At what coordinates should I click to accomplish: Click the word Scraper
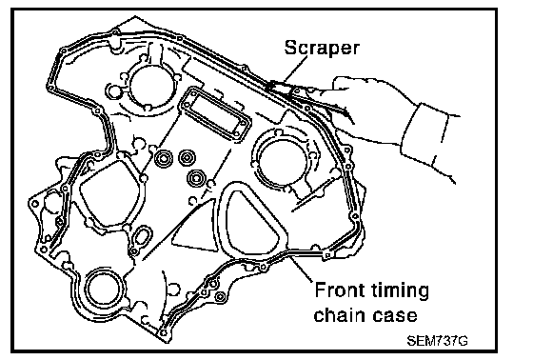[x=322, y=48]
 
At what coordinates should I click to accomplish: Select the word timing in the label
[x=400, y=291]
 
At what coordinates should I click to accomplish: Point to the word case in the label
[x=395, y=316]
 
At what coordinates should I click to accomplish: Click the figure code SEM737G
[x=437, y=341]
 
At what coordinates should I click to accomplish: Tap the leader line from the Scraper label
[x=295, y=70]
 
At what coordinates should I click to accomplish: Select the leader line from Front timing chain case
[x=300, y=268]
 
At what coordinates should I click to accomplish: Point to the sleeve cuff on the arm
[x=429, y=138]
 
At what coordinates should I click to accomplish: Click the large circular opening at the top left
[x=152, y=84]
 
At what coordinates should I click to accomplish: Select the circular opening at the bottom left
[x=105, y=288]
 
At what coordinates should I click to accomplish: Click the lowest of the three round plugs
[x=196, y=178]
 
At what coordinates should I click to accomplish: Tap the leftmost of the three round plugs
[x=164, y=158]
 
